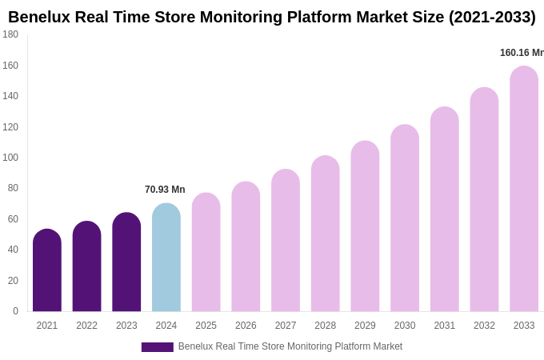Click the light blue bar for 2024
(x=166, y=258)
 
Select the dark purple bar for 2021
(x=47, y=270)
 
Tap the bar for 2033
(x=524, y=189)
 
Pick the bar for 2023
(x=126, y=262)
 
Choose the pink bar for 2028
(x=325, y=234)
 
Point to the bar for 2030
(x=405, y=218)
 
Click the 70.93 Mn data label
(x=165, y=190)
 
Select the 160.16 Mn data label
(x=522, y=53)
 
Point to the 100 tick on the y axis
(x=10, y=158)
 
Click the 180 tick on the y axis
(x=10, y=34)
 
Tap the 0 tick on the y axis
(x=15, y=311)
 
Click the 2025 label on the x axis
(x=206, y=326)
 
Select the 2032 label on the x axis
(x=484, y=326)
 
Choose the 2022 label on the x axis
(x=86, y=326)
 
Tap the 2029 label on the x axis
(x=365, y=326)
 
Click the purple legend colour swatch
(x=157, y=347)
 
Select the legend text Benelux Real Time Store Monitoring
(x=290, y=346)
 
